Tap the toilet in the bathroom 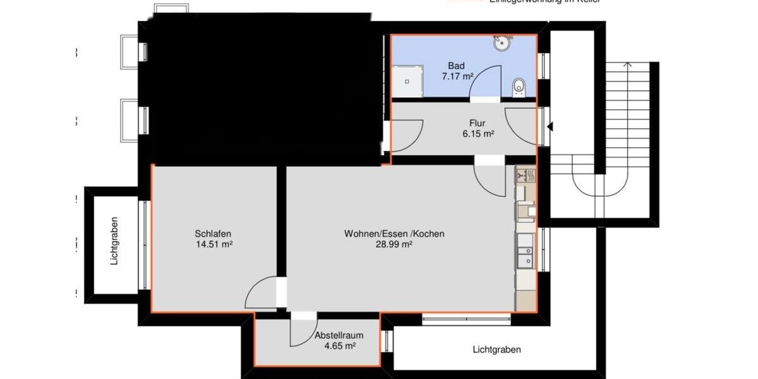point(519,87)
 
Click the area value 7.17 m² point(457,76)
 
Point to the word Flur point(478,123)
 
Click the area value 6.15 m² point(478,134)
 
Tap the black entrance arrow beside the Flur point(550,127)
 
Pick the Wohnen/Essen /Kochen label point(394,234)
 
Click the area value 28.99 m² point(394,244)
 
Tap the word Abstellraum point(339,335)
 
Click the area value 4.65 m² point(339,346)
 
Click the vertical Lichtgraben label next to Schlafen point(114,246)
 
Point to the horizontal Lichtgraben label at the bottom point(496,349)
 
